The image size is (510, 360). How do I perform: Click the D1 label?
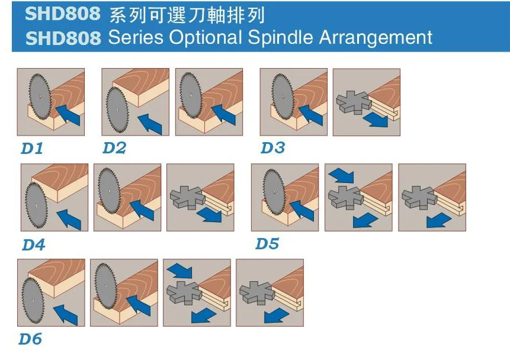32,149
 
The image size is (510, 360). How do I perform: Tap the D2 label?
114,148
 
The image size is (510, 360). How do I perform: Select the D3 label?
272,147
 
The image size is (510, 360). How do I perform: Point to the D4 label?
34,245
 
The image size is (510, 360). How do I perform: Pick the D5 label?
267,243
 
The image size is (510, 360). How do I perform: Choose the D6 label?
30,339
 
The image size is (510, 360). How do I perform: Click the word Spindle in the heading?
280,37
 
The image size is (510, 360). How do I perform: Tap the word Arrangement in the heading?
376,37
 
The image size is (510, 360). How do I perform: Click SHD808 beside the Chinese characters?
63,14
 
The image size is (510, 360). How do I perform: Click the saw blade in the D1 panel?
40,97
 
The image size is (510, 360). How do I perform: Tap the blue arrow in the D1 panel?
68,114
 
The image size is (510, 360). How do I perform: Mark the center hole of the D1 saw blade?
39,97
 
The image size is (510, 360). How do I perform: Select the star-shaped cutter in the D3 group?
353,102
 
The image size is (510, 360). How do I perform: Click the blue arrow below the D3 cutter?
376,120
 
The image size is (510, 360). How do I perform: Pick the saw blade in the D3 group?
283,97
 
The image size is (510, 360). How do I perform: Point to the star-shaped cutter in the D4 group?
187,197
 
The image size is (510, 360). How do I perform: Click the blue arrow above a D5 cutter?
341,175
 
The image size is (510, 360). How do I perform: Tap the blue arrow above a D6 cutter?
179,270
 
